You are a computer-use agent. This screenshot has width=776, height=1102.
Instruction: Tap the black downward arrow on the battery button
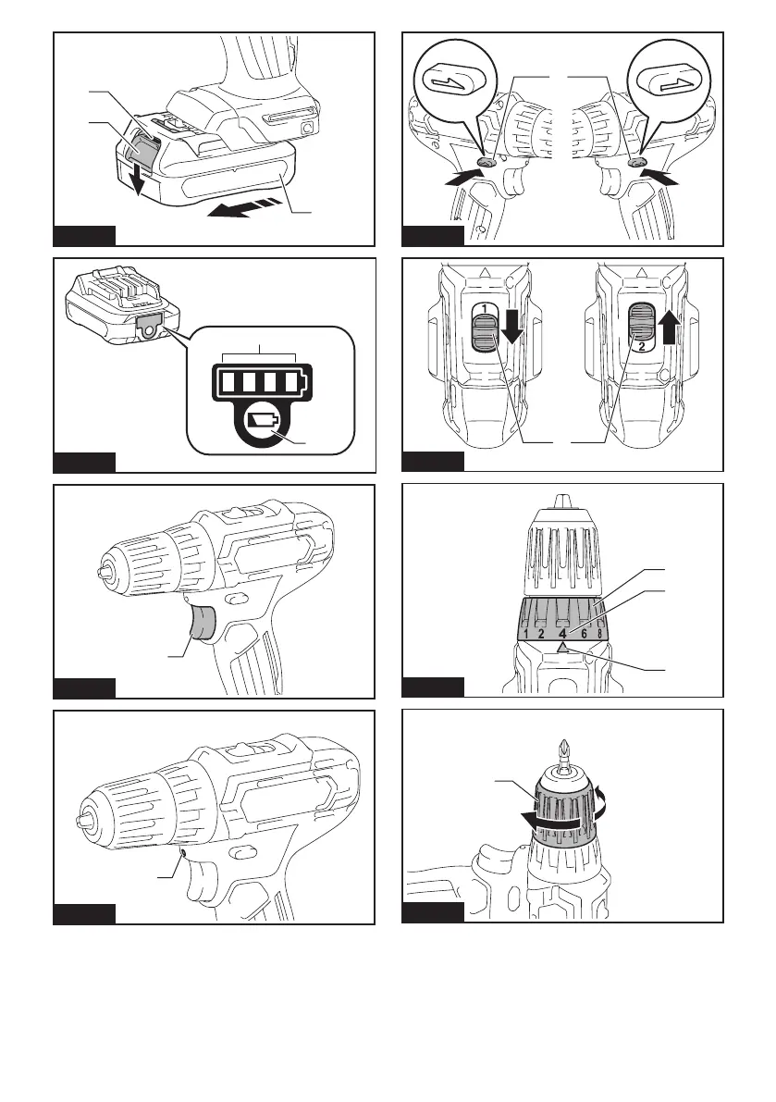(138, 181)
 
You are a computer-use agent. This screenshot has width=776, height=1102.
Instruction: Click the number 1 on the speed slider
(484, 307)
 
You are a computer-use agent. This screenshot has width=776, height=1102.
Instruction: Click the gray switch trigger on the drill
(204, 624)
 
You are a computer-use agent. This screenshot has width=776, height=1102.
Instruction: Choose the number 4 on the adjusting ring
(562, 634)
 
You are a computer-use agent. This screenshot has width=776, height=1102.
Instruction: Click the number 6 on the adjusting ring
(585, 634)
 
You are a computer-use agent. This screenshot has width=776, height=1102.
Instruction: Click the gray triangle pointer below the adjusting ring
(561, 650)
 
